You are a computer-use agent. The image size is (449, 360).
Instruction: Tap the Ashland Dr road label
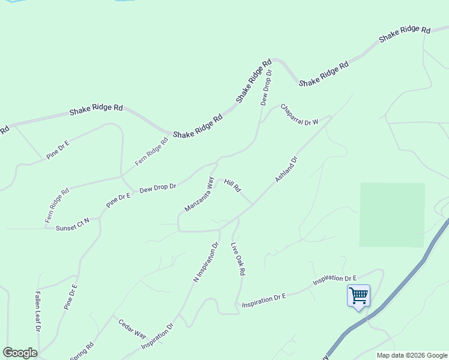click(x=286, y=170)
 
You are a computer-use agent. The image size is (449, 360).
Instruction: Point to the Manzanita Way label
click(x=199, y=194)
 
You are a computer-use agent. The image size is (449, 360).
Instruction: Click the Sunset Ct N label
click(x=72, y=224)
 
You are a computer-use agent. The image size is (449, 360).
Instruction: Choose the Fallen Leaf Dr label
click(x=37, y=311)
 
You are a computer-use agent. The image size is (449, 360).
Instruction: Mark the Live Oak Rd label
click(x=238, y=259)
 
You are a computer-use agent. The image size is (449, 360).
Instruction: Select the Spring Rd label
click(x=82, y=351)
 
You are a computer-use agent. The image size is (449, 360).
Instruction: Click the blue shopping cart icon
click(x=358, y=295)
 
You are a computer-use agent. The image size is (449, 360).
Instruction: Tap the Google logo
click(x=20, y=352)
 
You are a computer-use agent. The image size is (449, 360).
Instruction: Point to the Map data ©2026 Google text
click(x=412, y=355)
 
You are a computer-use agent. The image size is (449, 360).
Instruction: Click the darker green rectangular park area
click(x=392, y=215)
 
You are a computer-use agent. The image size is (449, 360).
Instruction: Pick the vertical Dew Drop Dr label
click(x=266, y=88)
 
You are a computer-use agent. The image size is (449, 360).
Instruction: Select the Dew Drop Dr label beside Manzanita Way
click(x=157, y=188)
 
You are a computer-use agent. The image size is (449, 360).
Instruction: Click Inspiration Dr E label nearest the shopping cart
click(x=334, y=280)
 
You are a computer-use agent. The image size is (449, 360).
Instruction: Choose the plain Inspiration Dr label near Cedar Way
click(x=157, y=337)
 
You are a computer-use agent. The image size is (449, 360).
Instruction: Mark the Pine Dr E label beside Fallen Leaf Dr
click(x=71, y=296)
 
